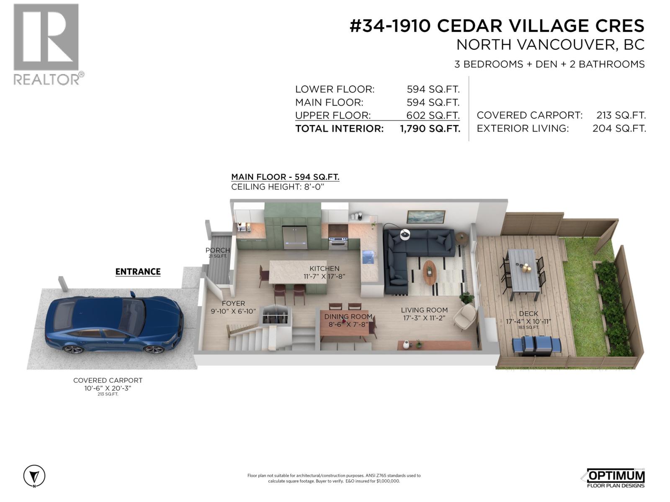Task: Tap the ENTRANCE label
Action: click(x=138, y=271)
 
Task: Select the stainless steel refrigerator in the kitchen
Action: click(x=295, y=238)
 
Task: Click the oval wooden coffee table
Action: click(x=430, y=273)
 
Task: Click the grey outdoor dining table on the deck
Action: click(x=521, y=271)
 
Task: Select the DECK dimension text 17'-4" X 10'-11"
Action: click(x=528, y=321)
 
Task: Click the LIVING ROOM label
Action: click(x=424, y=310)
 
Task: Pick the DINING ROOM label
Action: click(x=348, y=317)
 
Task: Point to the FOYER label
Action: click(x=233, y=303)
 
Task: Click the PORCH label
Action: click(x=218, y=250)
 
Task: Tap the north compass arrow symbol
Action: click(x=34, y=476)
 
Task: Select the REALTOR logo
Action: click(x=47, y=44)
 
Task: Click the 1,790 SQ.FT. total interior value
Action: click(x=430, y=128)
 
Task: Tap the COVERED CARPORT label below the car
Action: click(x=108, y=380)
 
